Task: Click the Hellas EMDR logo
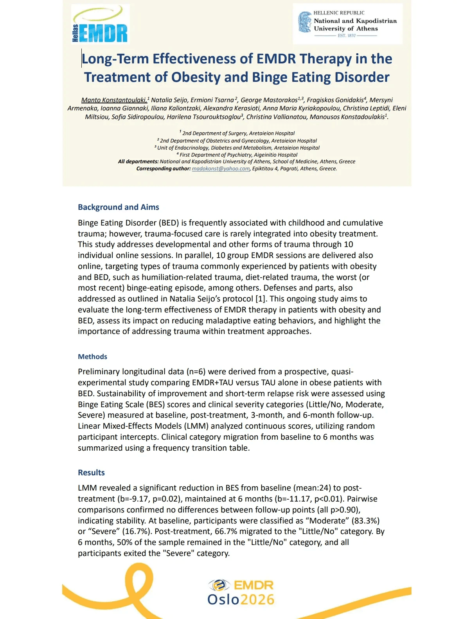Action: pos(101,24)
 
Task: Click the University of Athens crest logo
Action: pos(305,22)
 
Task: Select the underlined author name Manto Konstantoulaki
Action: pos(114,100)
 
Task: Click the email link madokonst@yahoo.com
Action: pos(221,169)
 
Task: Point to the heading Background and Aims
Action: pos(118,207)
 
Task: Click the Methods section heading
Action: pos(92,357)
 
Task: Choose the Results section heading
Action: pos(91,473)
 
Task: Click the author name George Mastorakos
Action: pos(269,100)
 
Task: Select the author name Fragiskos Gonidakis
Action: pos(335,100)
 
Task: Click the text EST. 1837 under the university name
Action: pos(347,36)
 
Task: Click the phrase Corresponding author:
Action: pos(163,169)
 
